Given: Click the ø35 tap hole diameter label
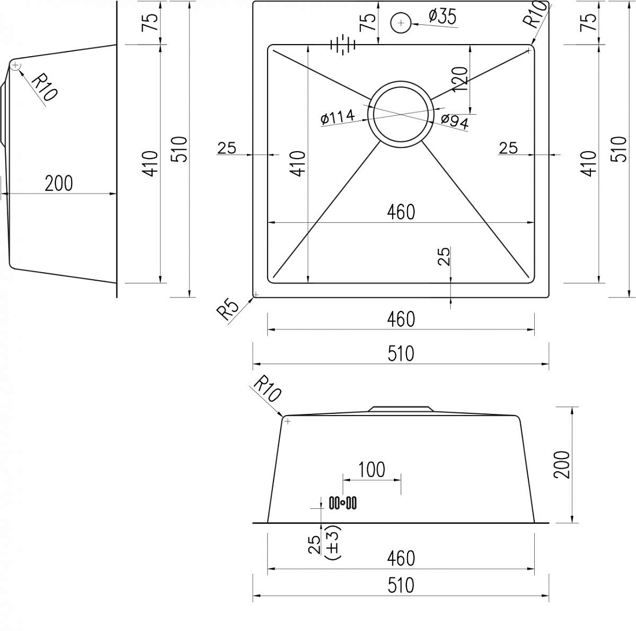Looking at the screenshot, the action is (x=442, y=17).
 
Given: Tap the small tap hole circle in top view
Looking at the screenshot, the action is (x=401, y=23).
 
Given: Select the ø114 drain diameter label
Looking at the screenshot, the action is (x=338, y=118).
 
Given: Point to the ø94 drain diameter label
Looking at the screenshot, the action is (x=454, y=122).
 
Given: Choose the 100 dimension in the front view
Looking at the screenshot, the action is (x=372, y=470).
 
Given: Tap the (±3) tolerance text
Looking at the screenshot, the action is (x=334, y=543).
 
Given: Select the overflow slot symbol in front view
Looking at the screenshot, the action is (x=343, y=502).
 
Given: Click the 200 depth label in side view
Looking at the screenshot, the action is (x=59, y=184).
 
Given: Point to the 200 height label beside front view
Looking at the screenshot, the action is (x=562, y=464).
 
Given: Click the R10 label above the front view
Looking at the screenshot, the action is (x=267, y=388).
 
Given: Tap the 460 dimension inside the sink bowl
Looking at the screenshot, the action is (x=401, y=212).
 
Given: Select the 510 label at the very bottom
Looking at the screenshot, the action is (x=401, y=585).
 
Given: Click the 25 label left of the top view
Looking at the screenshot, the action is (x=226, y=148).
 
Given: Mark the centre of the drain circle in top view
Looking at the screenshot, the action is (x=401, y=115).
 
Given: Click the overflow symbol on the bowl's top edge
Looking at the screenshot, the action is (x=343, y=44).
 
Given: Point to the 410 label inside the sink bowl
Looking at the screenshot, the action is (x=298, y=163).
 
